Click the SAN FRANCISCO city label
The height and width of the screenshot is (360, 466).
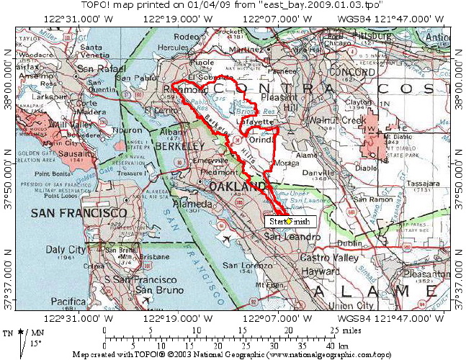80,215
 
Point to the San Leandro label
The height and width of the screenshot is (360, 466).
291,237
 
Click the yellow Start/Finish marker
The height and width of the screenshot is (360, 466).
289,221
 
